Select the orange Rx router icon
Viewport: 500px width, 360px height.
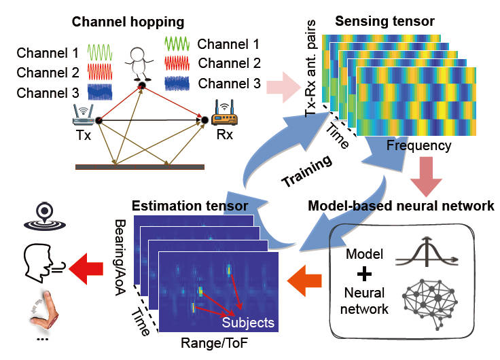point(221,113)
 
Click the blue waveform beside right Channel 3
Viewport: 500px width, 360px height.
point(179,84)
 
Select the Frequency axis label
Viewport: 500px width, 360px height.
point(418,145)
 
